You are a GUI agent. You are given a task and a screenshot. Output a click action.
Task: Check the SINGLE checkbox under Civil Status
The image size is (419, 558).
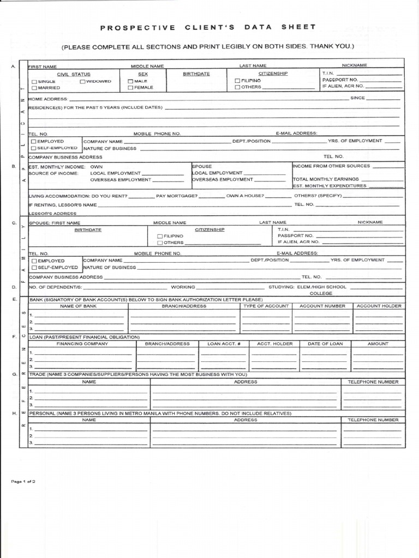pyautogui.click(x=34, y=82)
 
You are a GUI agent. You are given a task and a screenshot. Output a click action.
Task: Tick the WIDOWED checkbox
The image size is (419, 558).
pyautogui.click(x=82, y=82)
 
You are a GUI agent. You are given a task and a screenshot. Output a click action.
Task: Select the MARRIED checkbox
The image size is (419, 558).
pyautogui.click(x=34, y=88)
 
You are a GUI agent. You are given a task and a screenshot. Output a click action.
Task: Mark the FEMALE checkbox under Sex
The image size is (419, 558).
pyautogui.click(x=130, y=88)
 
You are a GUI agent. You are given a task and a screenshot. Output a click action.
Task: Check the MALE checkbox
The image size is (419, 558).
pyautogui.click(x=130, y=82)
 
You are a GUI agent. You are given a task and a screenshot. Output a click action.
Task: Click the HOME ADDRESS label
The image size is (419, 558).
pyautogui.click(x=48, y=99)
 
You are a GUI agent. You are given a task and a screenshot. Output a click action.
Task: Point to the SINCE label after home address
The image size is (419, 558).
pyautogui.click(x=357, y=98)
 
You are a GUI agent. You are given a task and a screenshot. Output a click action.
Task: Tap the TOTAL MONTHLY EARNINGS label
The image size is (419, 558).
pyautogui.click(x=326, y=179)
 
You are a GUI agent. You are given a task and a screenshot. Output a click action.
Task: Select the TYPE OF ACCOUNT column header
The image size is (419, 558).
pyautogui.click(x=265, y=306)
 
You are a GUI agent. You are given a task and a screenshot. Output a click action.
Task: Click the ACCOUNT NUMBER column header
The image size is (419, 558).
pyautogui.click(x=322, y=306)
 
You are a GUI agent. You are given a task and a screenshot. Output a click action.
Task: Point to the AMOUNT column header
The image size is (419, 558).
pyautogui.click(x=378, y=344)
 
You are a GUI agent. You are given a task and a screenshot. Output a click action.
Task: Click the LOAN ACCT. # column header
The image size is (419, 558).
pyautogui.click(x=224, y=344)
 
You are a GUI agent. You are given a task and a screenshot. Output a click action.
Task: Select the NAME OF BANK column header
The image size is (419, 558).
pyautogui.click(x=78, y=306)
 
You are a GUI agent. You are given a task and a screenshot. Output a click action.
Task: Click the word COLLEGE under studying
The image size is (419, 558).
pyautogui.click(x=321, y=293)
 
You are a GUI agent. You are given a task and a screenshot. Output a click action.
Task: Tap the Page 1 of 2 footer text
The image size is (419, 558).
pyautogui.click(x=23, y=482)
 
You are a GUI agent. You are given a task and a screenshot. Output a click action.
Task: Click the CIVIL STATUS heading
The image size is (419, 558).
pyautogui.click(x=74, y=74)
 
